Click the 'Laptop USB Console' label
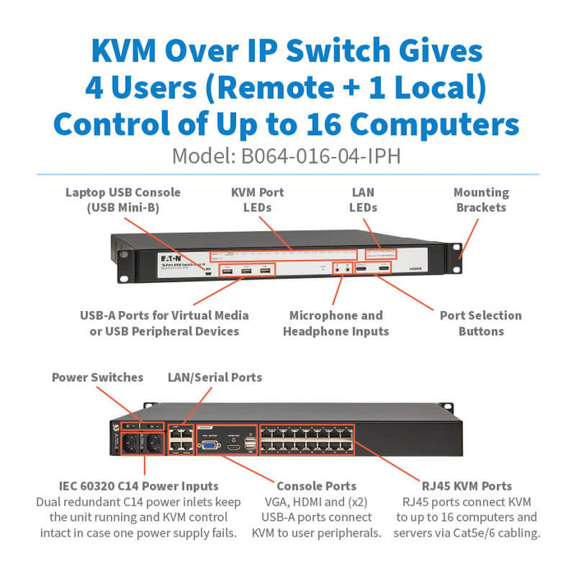pyautogui.click(x=123, y=200)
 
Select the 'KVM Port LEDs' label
pyautogui.click(x=257, y=200)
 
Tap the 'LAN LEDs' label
pyautogui.click(x=363, y=200)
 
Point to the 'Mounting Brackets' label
pyautogui.click(x=481, y=200)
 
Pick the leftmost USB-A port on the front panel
pyautogui.click(x=227, y=269)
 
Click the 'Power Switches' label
pyautogui.click(x=97, y=378)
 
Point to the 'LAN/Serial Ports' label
pyautogui.click(x=215, y=378)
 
